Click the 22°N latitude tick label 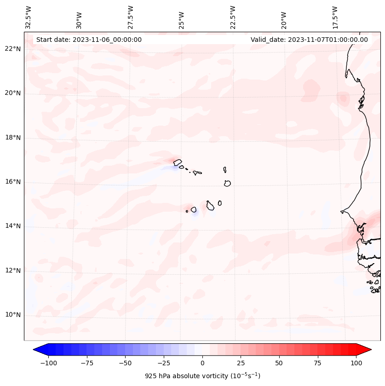[x=13, y=49]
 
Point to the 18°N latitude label [x=13, y=138]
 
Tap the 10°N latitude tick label [x=13, y=315]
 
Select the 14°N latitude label [x=13, y=226]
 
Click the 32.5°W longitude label [x=29, y=17]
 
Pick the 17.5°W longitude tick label [x=335, y=17]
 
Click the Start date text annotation [x=89, y=40]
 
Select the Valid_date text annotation [x=309, y=40]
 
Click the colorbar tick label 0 [x=202, y=363]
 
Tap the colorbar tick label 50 [x=279, y=363]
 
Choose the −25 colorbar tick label [x=163, y=363]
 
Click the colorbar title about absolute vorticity [x=202, y=376]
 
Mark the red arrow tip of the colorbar [x=368, y=350]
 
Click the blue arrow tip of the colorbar [x=37, y=350]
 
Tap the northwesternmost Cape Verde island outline [x=178, y=162]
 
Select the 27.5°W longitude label [x=131, y=17]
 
